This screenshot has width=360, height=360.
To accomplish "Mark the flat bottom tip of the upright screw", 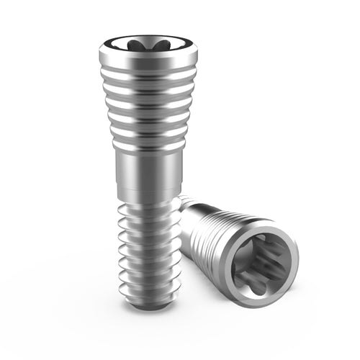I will click(145, 305).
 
